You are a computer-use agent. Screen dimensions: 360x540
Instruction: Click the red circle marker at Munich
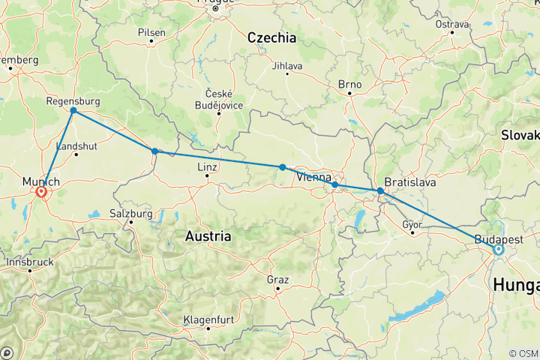41,192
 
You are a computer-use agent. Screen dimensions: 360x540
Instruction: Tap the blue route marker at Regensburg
73,111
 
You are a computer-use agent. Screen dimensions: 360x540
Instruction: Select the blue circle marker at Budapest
499,249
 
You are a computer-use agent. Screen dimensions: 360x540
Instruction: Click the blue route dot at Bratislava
380,191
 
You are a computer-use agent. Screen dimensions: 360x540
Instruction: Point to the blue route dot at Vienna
334,184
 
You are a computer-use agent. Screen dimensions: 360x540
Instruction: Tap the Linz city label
207,166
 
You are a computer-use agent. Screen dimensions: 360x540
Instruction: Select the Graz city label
277,279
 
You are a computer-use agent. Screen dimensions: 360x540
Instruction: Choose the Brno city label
349,84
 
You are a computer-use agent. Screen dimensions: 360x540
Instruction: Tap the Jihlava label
288,66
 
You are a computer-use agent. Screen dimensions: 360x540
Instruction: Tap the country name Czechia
271,37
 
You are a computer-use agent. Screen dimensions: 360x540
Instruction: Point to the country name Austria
208,235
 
